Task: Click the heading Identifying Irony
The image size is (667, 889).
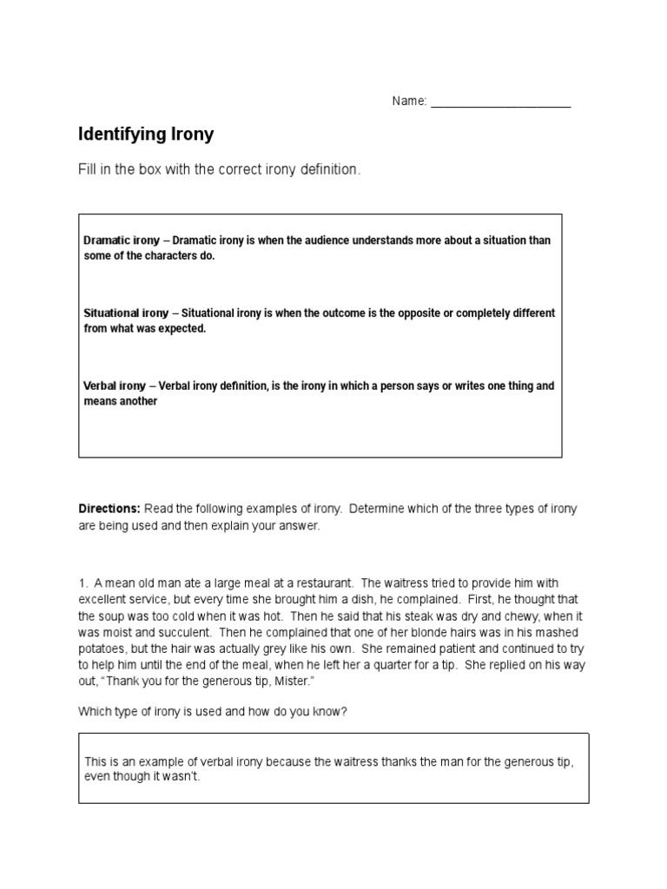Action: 146,135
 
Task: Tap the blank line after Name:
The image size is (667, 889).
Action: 500,102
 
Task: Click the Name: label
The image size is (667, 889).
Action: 409,102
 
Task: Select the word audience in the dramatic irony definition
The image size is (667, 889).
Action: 342,240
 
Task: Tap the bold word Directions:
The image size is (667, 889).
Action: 109,509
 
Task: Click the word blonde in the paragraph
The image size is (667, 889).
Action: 450,633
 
